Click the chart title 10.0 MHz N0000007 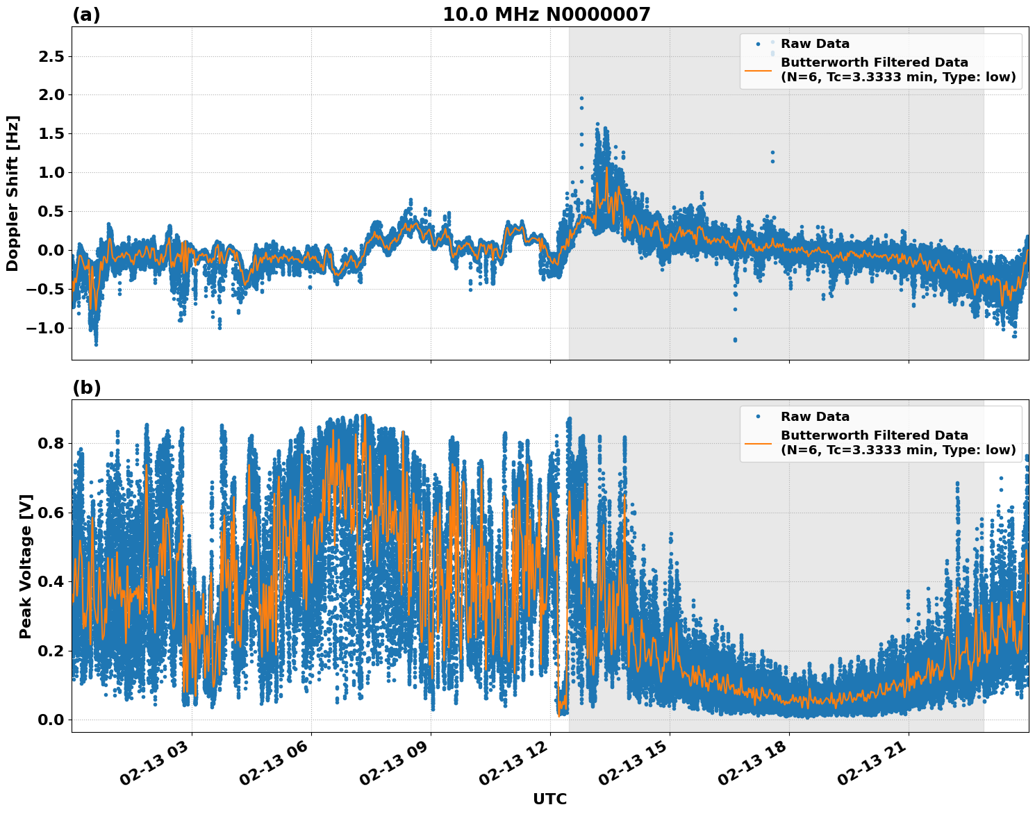pos(546,15)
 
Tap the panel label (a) pos(86,15)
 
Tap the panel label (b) pos(86,388)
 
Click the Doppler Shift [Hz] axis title pos(13,193)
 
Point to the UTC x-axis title pos(549,799)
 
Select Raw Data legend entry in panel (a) pos(815,44)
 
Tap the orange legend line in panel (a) pos(758,70)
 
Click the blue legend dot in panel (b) pos(758,417)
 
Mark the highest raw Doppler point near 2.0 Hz pos(581,99)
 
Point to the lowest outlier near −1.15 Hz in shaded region pos(735,340)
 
